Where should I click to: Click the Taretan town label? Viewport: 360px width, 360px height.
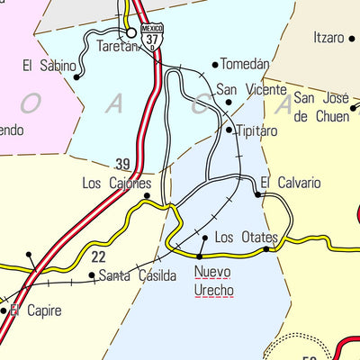tap(119, 47)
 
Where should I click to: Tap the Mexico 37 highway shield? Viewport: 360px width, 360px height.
tap(153, 35)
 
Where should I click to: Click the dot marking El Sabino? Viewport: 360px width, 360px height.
tap(76, 76)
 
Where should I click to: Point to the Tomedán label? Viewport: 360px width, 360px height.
tap(245, 65)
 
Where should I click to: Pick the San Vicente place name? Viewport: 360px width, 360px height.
tap(251, 90)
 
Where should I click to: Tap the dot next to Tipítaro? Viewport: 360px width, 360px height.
tap(229, 130)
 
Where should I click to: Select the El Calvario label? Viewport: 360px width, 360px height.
tap(291, 183)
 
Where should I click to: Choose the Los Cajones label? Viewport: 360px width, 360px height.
tap(116, 183)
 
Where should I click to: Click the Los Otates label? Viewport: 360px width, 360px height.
tap(247, 238)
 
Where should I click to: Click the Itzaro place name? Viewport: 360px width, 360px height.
tap(328, 38)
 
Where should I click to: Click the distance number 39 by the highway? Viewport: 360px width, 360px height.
tap(123, 164)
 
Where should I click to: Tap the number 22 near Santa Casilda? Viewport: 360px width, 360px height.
tap(99, 256)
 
